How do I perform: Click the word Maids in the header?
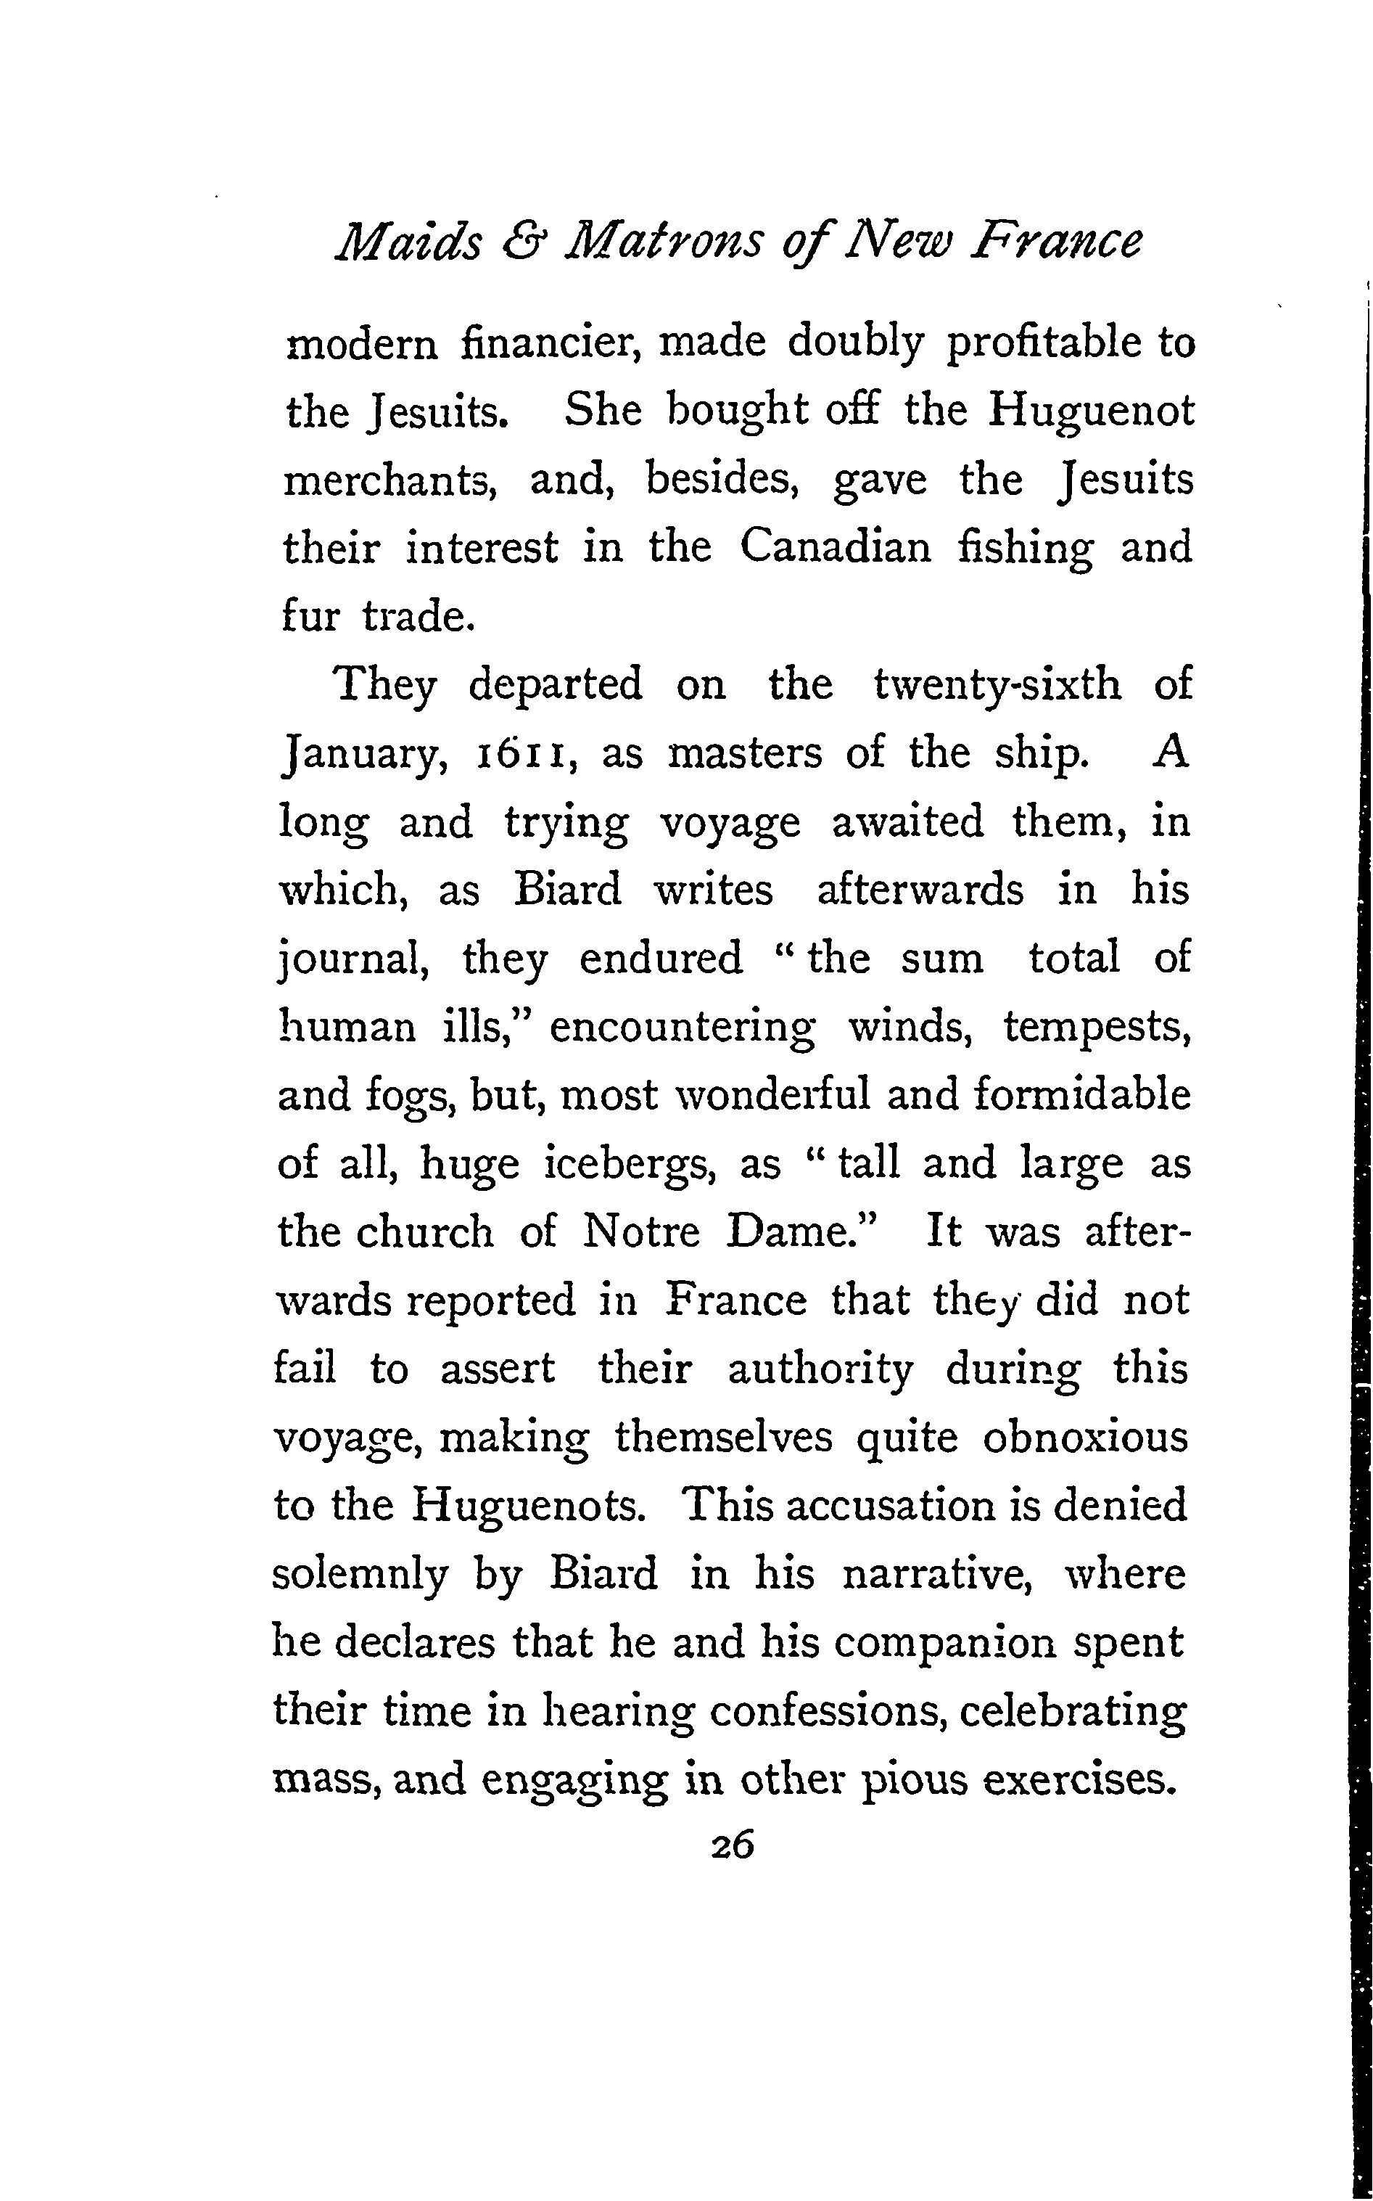[408, 242]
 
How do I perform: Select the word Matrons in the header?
[672, 242]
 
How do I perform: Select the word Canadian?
[836, 548]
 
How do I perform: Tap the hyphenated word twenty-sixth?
[997, 685]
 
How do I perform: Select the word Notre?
[641, 1234]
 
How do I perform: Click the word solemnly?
[360, 1576]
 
